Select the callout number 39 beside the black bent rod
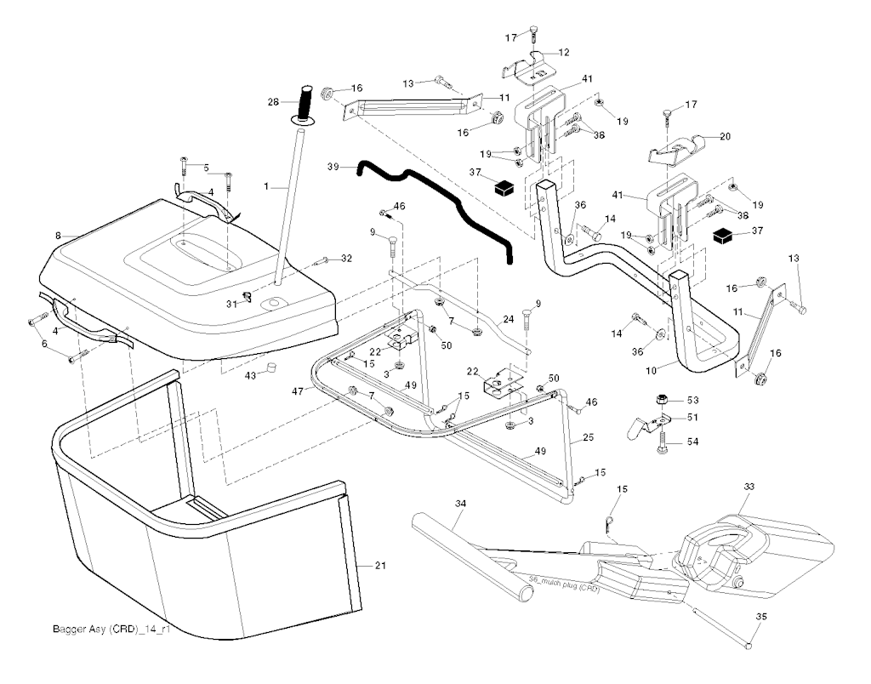coord(333,168)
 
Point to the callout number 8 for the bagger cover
coord(58,234)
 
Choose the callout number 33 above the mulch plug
coord(749,486)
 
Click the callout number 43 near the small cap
coord(251,376)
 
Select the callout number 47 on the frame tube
coord(297,390)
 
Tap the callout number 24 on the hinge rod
coord(508,320)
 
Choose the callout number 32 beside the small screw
coord(346,258)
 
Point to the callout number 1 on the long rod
coord(266,185)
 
